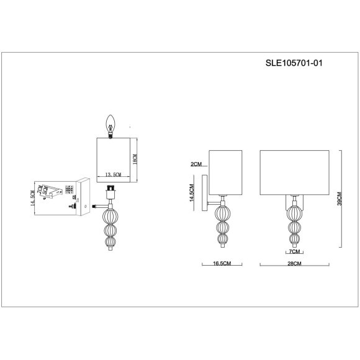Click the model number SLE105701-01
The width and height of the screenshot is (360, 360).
pyautogui.click(x=295, y=63)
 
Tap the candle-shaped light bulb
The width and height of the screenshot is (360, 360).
pyautogui.click(x=112, y=123)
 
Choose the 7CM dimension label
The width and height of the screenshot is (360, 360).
pyautogui.click(x=294, y=253)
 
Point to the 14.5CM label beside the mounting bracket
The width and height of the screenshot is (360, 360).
pyautogui.click(x=32, y=199)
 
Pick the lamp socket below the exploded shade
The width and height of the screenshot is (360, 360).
pyautogui.click(x=110, y=190)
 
